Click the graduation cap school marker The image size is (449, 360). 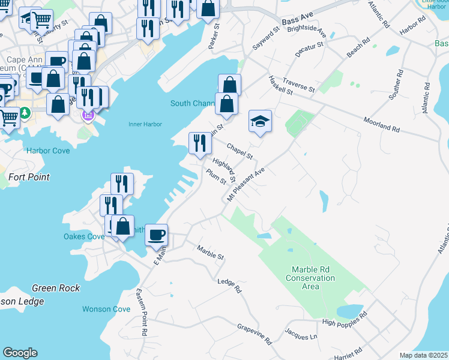pos(261,122)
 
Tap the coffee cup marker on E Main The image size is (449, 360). pos(157,235)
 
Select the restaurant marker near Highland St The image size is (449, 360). pos(200,143)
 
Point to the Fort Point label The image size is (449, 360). pos(29,177)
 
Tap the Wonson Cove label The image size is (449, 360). pos(106,309)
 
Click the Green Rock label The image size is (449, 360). pos(56,288)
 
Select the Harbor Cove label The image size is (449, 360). pos(48,151)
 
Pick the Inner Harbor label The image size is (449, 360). pos(145,125)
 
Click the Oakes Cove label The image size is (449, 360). pos(84,236)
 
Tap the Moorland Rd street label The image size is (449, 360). pos(381,125)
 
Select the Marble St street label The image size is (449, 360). pos(210,253)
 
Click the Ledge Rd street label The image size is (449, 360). pos(229,285)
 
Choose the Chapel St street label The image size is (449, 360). pos(240,151)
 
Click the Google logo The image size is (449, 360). pos(20,353)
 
